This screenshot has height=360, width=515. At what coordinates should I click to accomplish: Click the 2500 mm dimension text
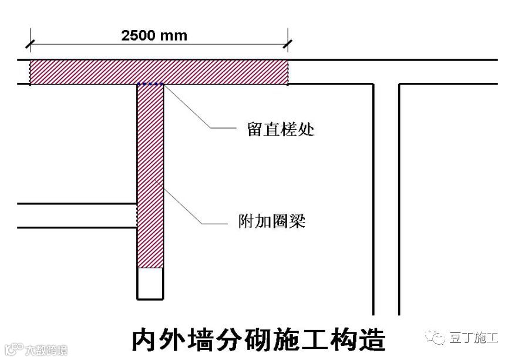coord(154,35)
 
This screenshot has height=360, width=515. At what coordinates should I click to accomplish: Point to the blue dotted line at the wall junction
coord(150,85)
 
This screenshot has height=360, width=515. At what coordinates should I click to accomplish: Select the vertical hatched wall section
coord(150,176)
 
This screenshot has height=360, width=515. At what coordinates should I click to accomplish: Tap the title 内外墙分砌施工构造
coord(258,340)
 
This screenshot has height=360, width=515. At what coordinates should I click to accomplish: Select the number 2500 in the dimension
coord(139,35)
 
